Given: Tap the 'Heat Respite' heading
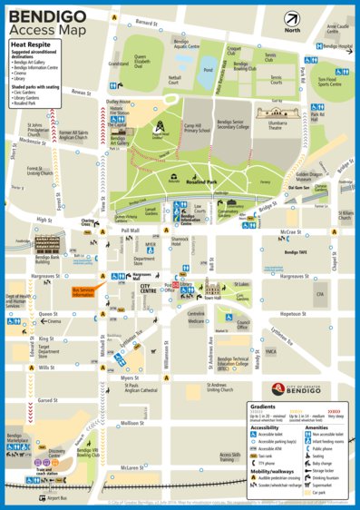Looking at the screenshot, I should click(x=29, y=43).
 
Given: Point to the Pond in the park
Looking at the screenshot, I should click(x=208, y=69).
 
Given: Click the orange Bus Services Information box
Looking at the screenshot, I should click(x=83, y=292).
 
